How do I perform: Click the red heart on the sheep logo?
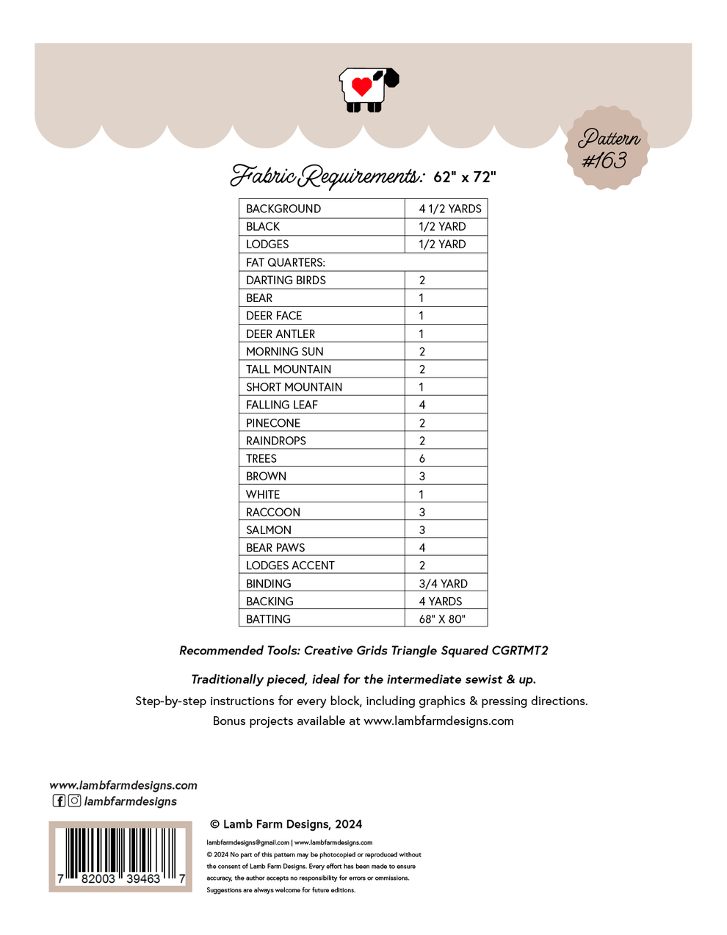coord(361,86)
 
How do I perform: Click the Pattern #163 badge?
coord(607,148)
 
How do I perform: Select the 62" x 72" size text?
coord(465,177)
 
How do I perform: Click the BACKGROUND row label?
coord(283,209)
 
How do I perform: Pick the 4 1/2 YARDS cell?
coord(450,209)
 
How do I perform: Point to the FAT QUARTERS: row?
coord(286,262)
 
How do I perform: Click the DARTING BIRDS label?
coord(286,280)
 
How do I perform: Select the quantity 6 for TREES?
coord(422,458)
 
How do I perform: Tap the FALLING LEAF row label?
coord(282,405)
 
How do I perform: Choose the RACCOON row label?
coord(273,512)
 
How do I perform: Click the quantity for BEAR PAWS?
coord(422,547)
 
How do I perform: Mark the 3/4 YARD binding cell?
coord(443,583)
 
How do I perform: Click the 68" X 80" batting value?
coord(442,619)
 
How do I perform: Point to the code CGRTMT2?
coord(520,651)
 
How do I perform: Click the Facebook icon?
coord(59,801)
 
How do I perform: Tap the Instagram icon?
coord(74,801)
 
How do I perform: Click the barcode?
coord(120,856)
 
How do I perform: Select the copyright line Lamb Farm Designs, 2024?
coord(286,824)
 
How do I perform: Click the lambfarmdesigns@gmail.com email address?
coord(247,842)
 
